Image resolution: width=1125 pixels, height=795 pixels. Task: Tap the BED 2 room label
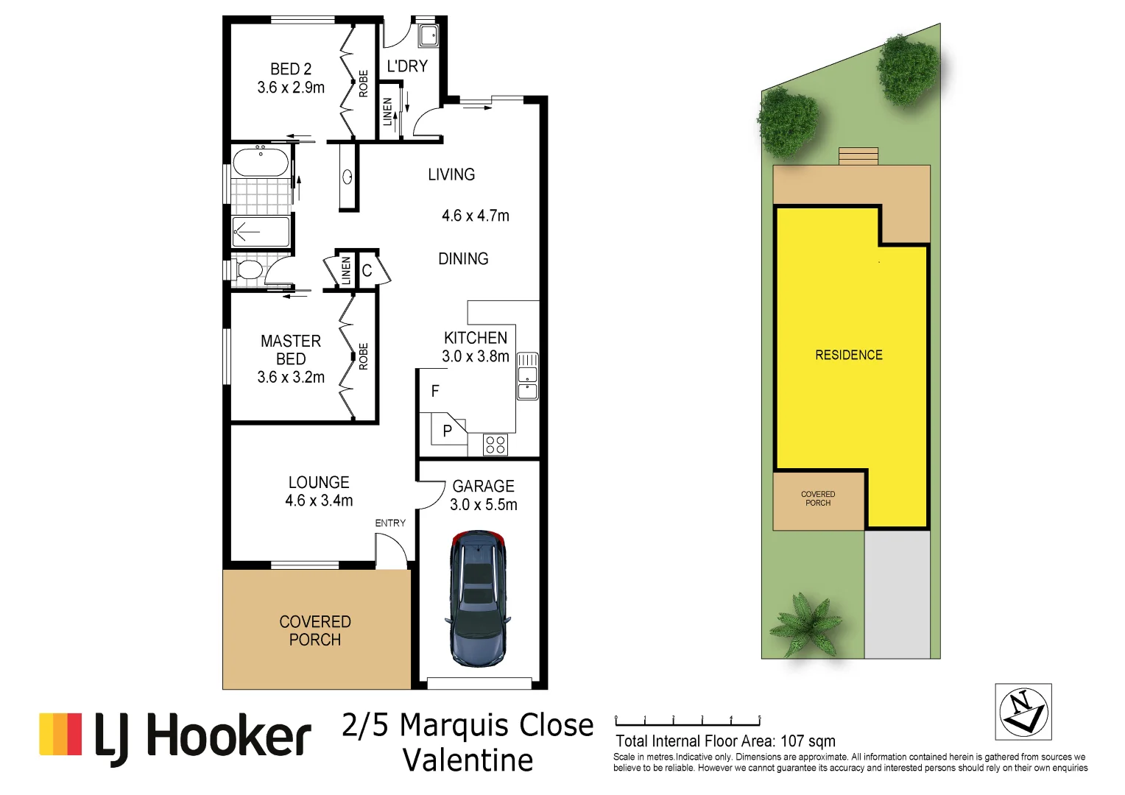coord(291,78)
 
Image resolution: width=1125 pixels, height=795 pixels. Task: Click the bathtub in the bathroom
coord(260,163)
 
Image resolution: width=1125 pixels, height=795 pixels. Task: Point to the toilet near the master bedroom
coord(249,269)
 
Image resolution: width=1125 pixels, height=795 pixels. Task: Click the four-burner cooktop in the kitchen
coord(496,445)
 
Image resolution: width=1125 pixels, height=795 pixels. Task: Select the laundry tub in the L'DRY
coord(428,35)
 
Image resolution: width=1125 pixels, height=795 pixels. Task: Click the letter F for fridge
coord(435,392)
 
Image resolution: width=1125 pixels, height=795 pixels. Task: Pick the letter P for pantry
coord(447,431)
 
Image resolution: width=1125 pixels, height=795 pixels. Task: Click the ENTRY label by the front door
coord(390,523)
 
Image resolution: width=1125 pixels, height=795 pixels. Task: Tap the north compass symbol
coord(1023,712)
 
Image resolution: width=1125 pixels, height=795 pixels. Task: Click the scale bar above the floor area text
coord(688,723)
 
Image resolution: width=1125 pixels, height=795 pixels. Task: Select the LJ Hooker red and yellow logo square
coord(60,734)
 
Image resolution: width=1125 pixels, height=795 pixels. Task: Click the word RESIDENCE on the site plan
coord(848,355)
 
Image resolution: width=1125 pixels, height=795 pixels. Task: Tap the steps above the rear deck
coord(858,156)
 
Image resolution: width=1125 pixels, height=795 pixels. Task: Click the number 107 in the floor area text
coord(794,741)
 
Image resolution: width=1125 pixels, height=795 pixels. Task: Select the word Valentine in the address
coord(468,760)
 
